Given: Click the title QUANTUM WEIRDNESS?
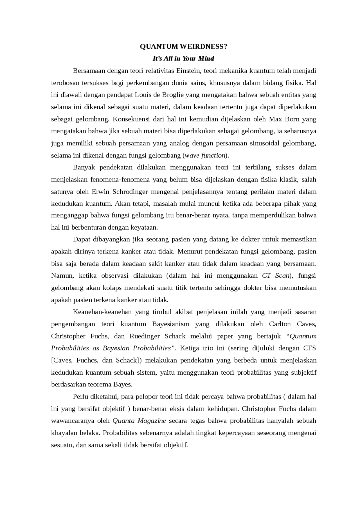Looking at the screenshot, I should [x=183, y=47].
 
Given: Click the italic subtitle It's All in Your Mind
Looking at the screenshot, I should [x=183, y=58].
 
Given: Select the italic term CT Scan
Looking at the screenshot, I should [x=276, y=276].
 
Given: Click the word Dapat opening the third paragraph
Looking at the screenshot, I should [x=82, y=239].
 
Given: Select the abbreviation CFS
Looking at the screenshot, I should [x=309, y=348].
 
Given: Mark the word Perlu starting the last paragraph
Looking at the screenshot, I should [x=80, y=397].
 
